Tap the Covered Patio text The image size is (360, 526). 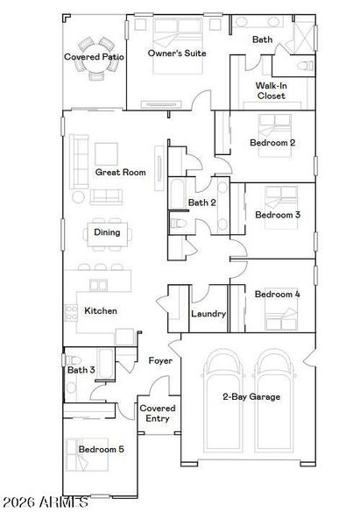click(x=94, y=57)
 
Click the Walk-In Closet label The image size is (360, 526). click(x=271, y=90)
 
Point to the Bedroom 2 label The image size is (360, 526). click(x=272, y=142)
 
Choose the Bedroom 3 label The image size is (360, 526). click(x=278, y=214)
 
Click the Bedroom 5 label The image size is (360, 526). click(x=101, y=449)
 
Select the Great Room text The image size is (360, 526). click(x=120, y=173)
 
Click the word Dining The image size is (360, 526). click(x=108, y=232)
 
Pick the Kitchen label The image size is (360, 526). click(x=101, y=310)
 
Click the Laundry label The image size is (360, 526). click(x=208, y=313)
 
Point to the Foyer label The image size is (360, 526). click(x=160, y=360)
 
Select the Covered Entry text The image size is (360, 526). click(x=158, y=413)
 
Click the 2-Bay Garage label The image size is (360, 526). click(x=251, y=396)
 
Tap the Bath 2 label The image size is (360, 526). click(x=201, y=203)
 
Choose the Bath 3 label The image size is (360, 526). click(x=81, y=370)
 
